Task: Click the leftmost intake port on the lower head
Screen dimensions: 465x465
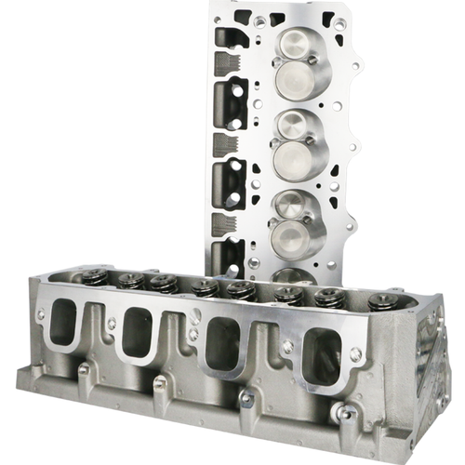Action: pos(63,321)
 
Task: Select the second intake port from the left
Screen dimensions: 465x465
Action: pos(137,331)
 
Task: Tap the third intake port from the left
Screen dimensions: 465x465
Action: pos(223,342)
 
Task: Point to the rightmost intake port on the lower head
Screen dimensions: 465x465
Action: pos(320,356)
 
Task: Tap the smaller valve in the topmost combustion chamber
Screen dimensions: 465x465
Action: pos(294,41)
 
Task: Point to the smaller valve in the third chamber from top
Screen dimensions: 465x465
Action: pos(291,204)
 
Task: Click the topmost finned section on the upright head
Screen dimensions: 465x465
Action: pos(226,62)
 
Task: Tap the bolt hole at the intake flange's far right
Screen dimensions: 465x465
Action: pos(355,354)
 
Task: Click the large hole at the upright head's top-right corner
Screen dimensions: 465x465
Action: pos(340,23)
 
